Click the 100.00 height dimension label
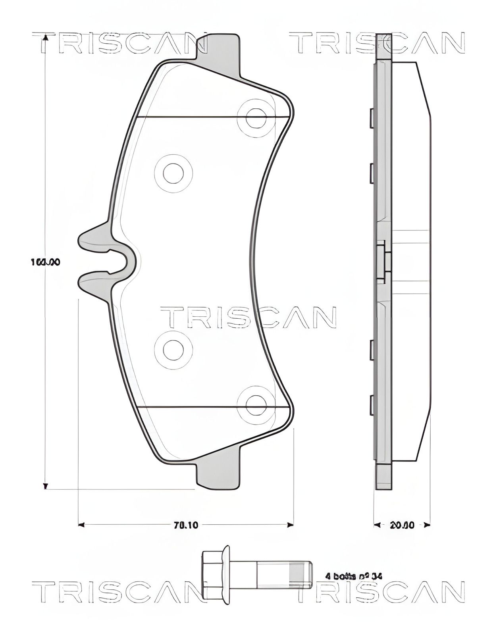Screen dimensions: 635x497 (x=45, y=262)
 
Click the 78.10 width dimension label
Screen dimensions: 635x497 (x=186, y=525)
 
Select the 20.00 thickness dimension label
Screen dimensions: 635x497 (x=402, y=525)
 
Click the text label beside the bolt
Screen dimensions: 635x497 (x=353, y=576)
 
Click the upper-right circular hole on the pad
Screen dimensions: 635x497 (x=256, y=117)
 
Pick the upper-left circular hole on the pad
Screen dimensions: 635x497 (x=173, y=173)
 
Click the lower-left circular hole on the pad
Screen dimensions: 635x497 (x=173, y=349)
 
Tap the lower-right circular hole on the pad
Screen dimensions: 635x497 (x=256, y=405)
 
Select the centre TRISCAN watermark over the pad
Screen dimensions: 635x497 (x=248, y=317)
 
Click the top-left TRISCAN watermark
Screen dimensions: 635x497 (x=119, y=44)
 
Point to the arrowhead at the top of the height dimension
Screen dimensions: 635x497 (x=45, y=37)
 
